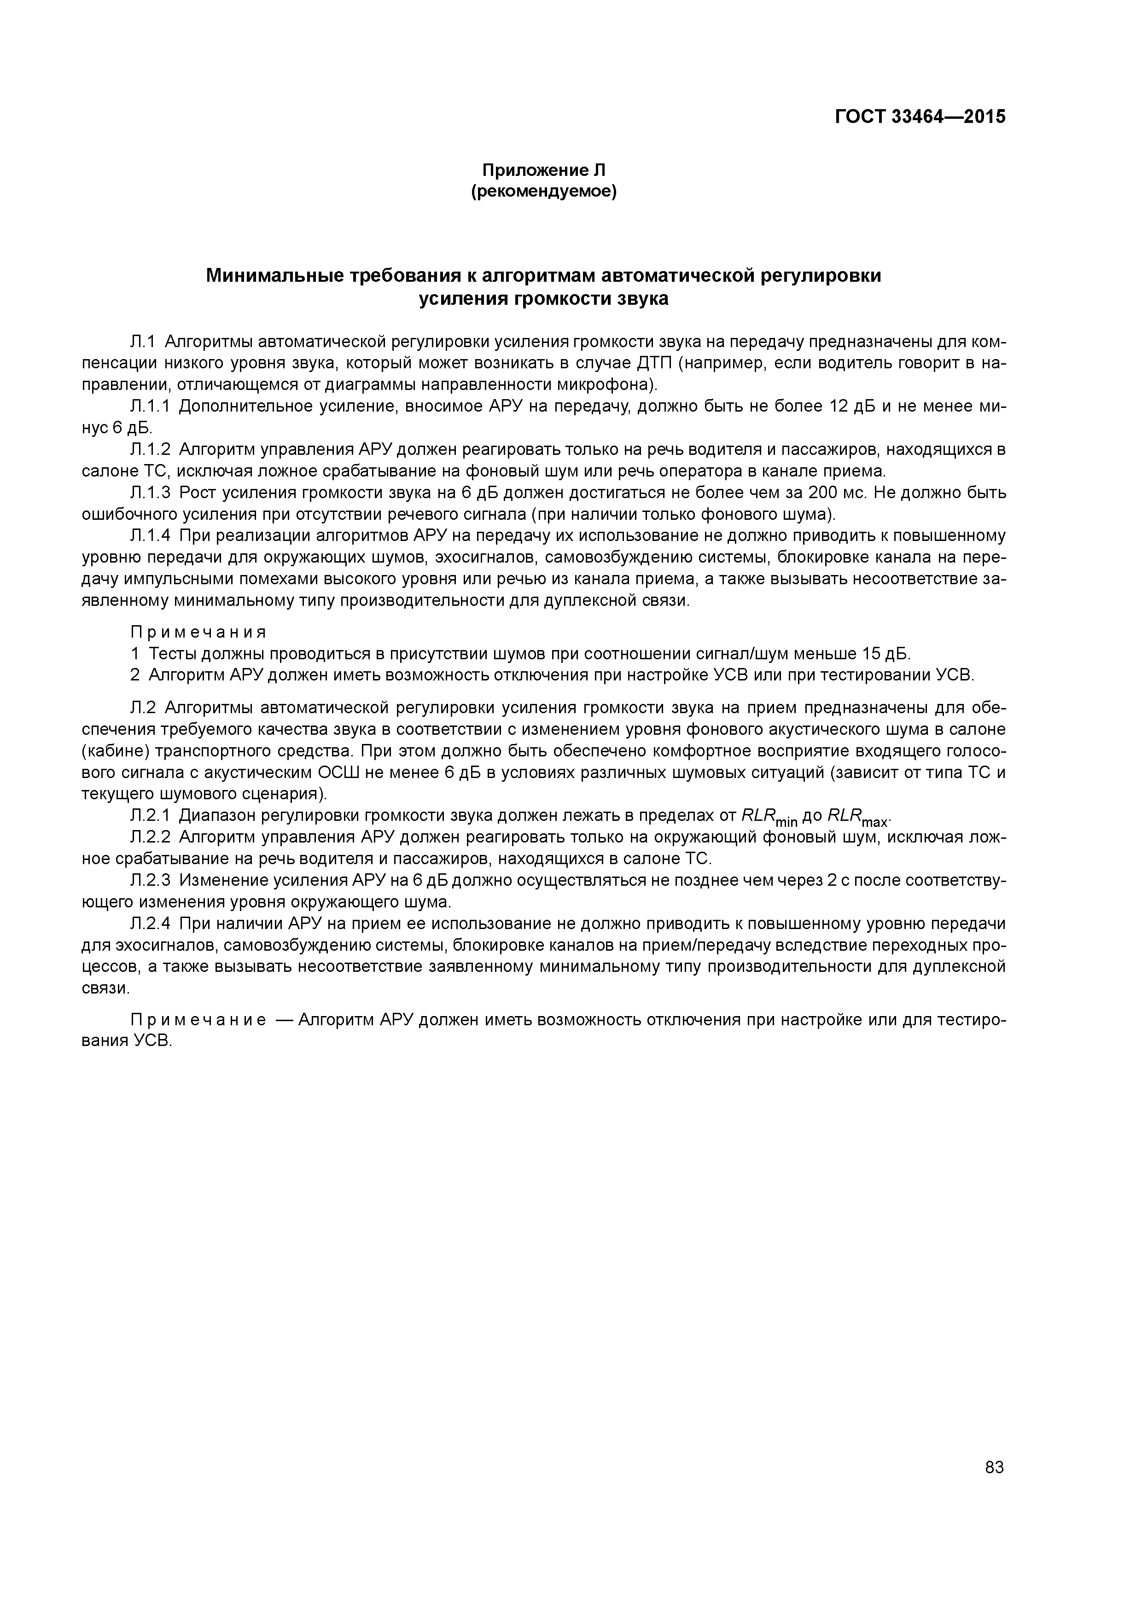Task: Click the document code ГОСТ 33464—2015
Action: [920, 117]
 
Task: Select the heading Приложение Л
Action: [543, 170]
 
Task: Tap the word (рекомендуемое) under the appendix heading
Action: [543, 192]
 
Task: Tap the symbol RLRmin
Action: [770, 817]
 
